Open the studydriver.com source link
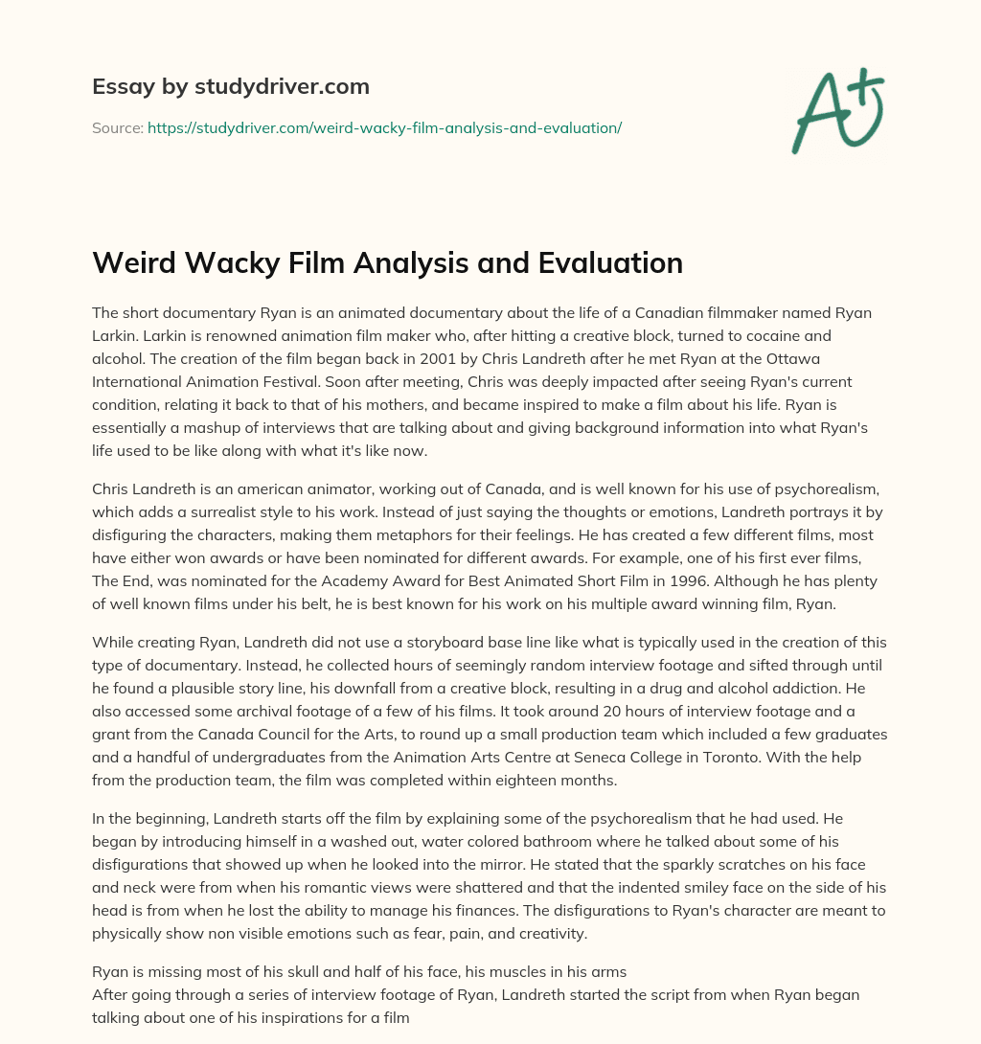[384, 127]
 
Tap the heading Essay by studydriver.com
[231, 86]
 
